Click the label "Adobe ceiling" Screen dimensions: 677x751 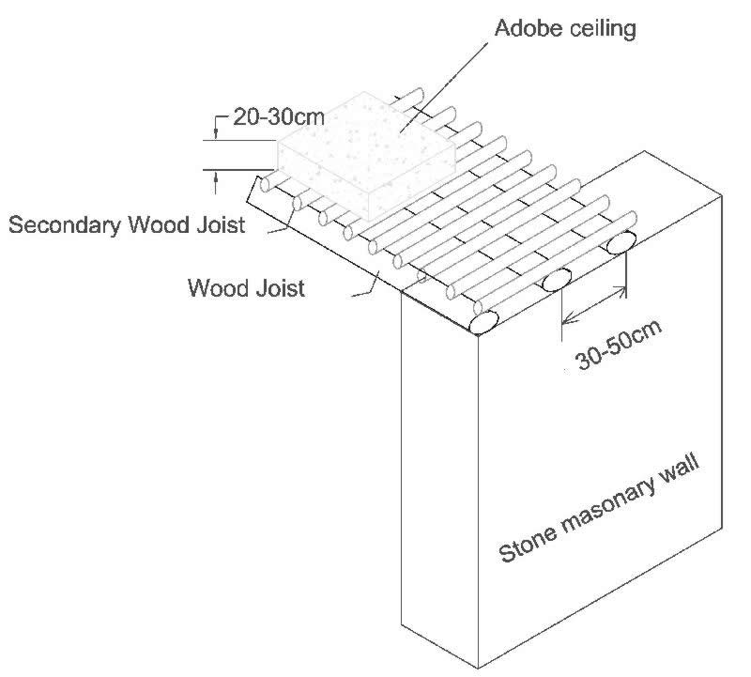pyautogui.click(x=565, y=28)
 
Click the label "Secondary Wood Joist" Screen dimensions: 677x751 pyautogui.click(x=127, y=224)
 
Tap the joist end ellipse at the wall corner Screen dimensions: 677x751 pyautogui.click(x=483, y=322)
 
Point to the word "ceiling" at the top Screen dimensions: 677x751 pyautogui.click(x=604, y=28)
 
